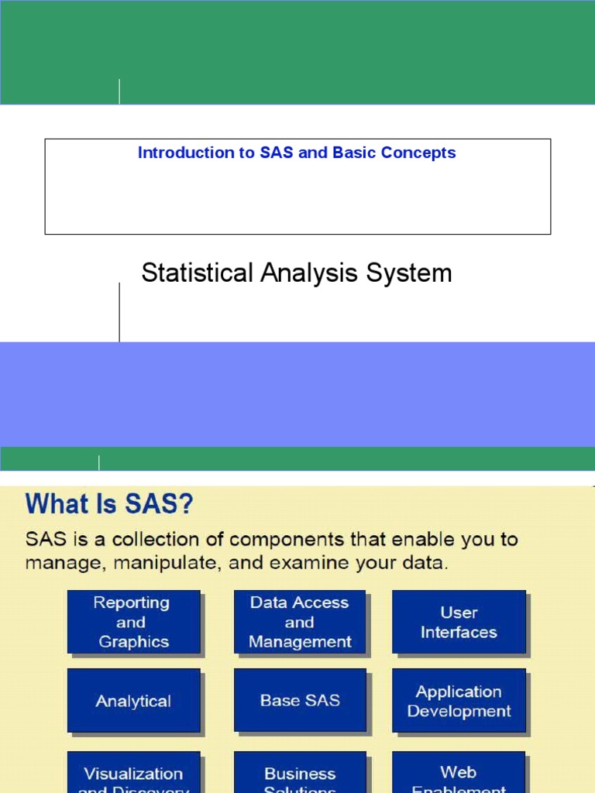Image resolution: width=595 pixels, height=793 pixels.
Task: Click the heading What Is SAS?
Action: (x=109, y=506)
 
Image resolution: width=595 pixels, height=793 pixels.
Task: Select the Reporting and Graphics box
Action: (x=133, y=622)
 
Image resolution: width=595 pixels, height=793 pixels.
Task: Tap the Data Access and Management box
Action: (x=299, y=622)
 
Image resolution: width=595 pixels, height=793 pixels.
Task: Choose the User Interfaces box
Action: (x=459, y=622)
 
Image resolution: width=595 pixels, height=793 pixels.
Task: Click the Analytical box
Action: (x=133, y=701)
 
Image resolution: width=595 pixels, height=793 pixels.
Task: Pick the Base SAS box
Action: (x=299, y=701)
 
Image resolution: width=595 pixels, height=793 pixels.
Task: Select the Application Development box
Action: (x=459, y=701)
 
